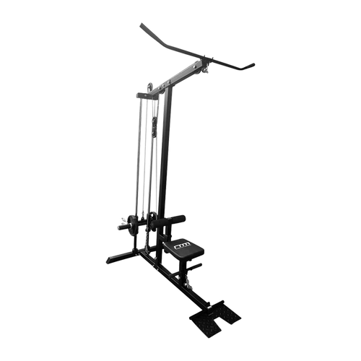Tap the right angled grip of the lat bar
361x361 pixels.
[248, 66]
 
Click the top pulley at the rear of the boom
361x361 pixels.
[145, 93]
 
